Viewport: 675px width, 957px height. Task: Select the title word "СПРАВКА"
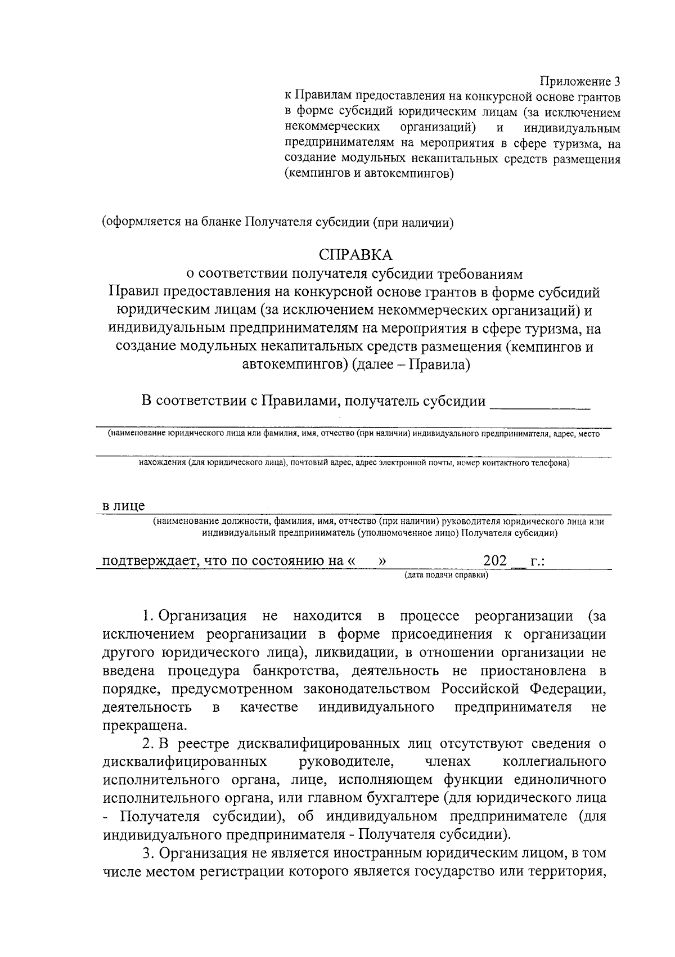pyautogui.click(x=355, y=255)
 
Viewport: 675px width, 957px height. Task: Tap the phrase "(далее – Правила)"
pyautogui.click(x=411, y=365)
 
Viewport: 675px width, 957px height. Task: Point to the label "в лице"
pyautogui.click(x=123, y=505)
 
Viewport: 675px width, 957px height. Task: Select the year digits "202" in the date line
pyautogui.click(x=495, y=561)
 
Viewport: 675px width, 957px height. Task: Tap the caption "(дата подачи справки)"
pyautogui.click(x=446, y=575)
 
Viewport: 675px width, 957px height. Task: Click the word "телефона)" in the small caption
pyautogui.click(x=550, y=463)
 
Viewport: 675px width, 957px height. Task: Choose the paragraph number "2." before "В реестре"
pyautogui.click(x=147, y=744)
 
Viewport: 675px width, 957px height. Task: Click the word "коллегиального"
pyautogui.click(x=553, y=762)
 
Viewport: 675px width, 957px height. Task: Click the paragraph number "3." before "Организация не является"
pyautogui.click(x=147, y=853)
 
